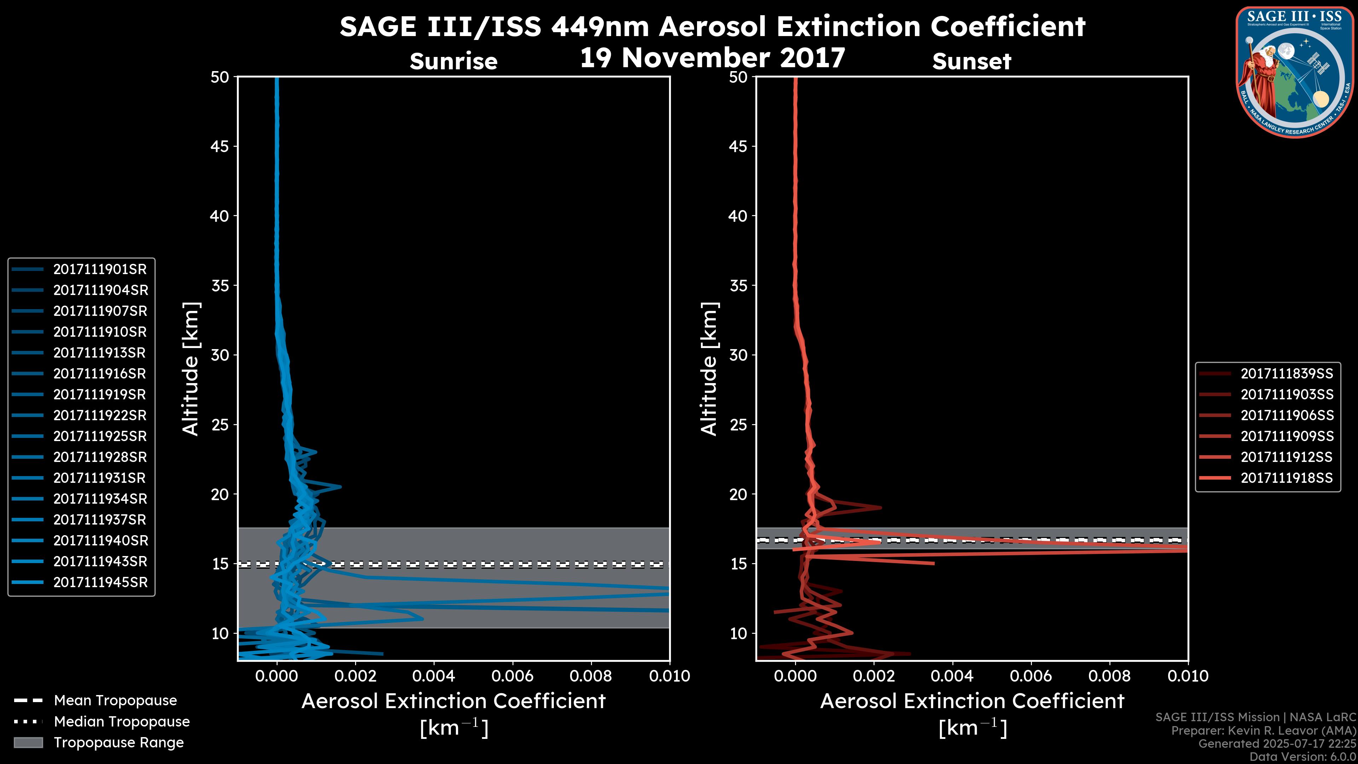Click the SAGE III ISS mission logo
tap(1295, 72)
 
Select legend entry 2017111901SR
tap(100, 270)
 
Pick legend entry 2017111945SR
tap(100, 583)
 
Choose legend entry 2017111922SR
tap(100, 416)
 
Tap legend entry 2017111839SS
tap(1286, 374)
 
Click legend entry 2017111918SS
tap(1286, 478)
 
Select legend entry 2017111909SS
tap(1286, 436)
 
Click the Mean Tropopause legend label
tap(115, 701)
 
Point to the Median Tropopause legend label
tap(122, 722)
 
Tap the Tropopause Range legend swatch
tap(28, 743)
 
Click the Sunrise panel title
tap(453, 62)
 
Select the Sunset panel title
tap(971, 62)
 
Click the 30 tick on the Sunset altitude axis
tap(738, 355)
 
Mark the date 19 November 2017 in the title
tap(713, 58)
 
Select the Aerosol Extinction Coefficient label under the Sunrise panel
tap(453, 702)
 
